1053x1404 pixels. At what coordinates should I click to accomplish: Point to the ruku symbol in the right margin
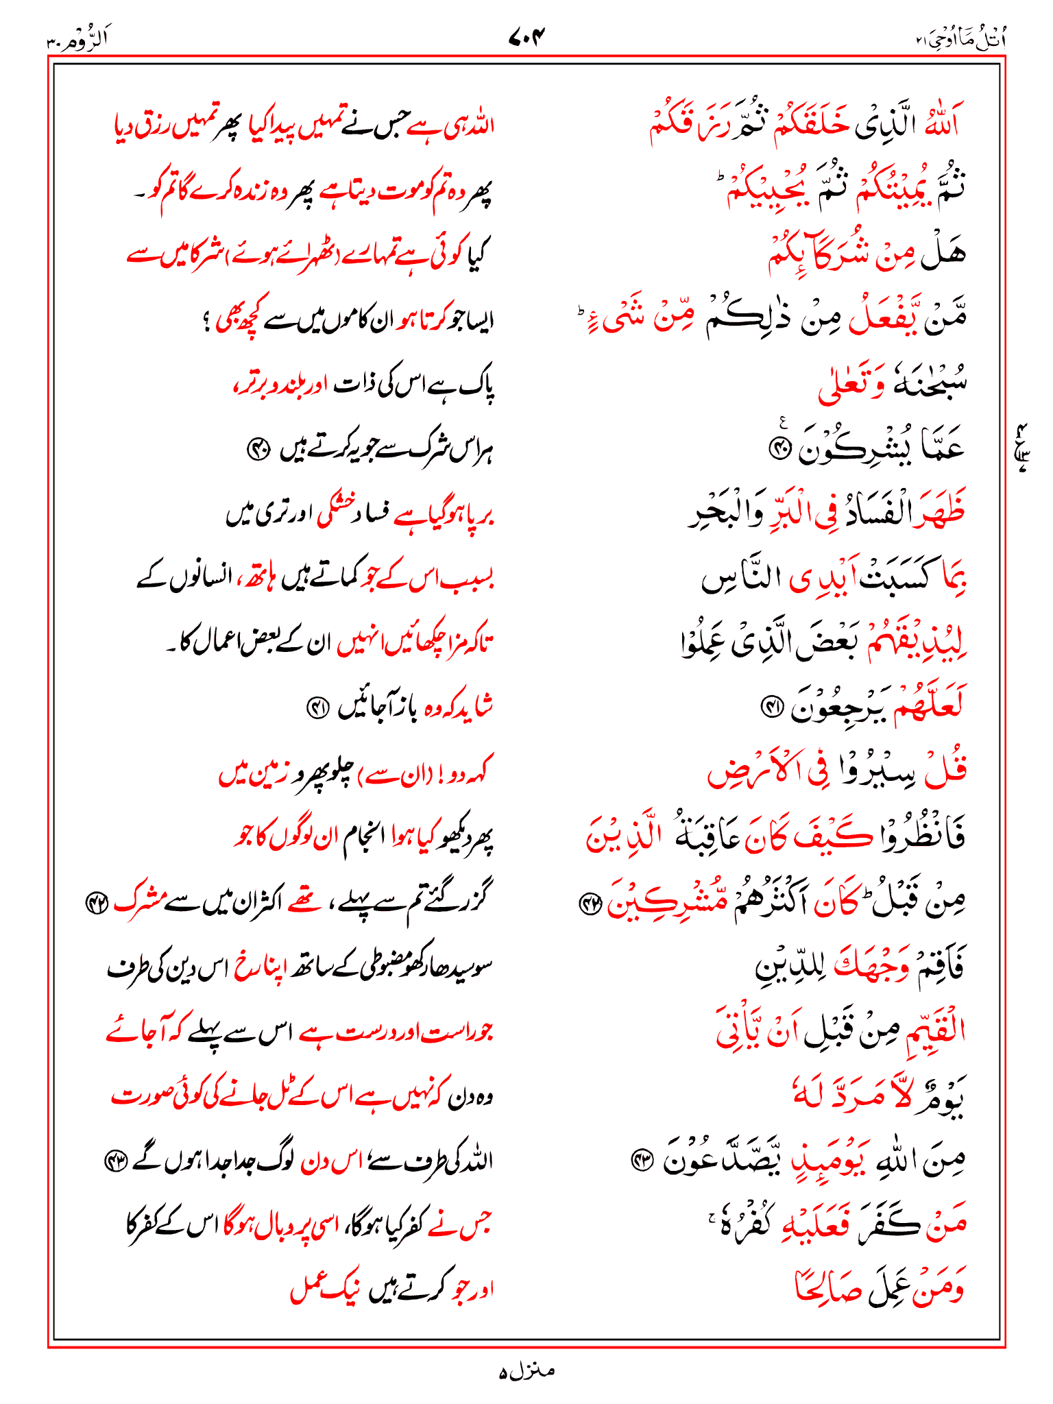[x=1023, y=448]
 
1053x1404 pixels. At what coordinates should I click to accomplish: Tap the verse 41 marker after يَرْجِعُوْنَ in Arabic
[x=771, y=707]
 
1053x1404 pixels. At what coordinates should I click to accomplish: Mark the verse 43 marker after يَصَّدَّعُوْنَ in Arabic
[x=642, y=1161]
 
